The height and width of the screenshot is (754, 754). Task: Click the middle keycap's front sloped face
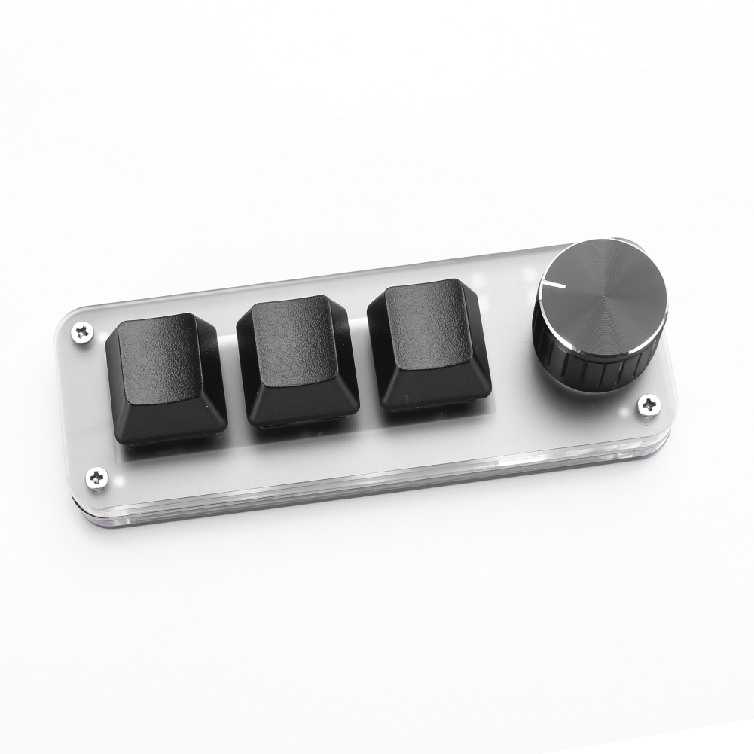[301, 401]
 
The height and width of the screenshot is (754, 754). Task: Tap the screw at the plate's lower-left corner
[96, 476]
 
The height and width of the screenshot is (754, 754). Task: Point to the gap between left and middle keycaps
[230, 377]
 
